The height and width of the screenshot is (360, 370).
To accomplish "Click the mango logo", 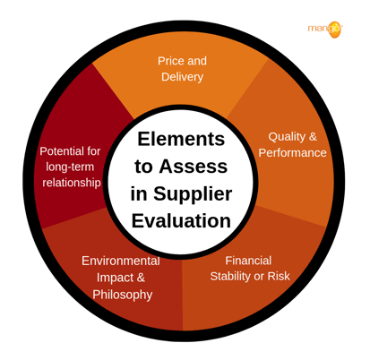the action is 325,30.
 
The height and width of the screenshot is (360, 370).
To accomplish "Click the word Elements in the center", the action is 181,139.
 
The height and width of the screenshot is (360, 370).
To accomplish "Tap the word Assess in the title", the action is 193,167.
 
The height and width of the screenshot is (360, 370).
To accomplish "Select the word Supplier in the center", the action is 193,194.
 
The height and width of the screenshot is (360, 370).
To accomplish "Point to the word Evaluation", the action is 181,221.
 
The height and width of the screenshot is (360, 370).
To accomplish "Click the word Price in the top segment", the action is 170,61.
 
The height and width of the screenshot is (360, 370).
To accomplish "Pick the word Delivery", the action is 182,77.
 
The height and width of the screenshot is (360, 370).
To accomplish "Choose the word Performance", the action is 292,153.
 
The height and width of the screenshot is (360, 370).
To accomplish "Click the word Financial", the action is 248,261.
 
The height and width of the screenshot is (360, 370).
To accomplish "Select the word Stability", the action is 230,277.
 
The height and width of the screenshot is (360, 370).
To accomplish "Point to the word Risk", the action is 279,276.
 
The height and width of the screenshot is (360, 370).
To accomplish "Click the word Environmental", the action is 121,261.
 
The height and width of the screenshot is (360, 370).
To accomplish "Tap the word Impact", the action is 111,278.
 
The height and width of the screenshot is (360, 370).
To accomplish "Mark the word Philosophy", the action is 123,295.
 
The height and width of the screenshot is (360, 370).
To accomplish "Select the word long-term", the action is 70,167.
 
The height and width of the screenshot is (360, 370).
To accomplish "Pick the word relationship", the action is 72,183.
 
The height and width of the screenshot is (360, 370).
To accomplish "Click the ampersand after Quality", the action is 313,137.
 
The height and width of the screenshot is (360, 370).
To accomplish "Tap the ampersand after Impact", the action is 141,278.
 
